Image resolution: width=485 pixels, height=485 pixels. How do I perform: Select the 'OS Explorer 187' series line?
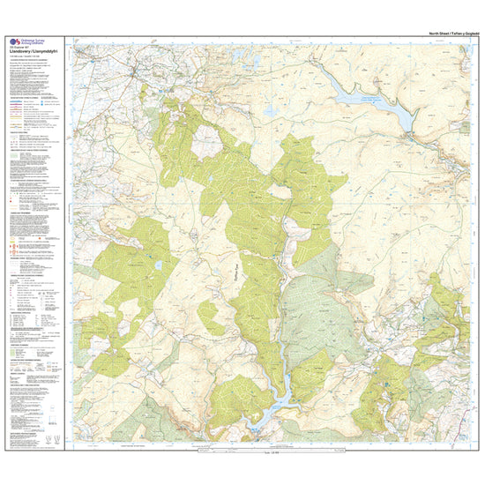[x=15, y=48]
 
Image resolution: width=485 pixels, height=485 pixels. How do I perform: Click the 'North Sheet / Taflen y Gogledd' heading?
[x=451, y=32]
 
